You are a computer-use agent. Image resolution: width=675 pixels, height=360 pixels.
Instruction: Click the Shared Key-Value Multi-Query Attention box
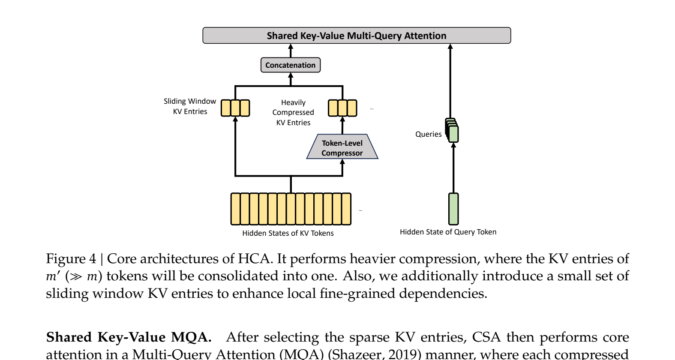357,36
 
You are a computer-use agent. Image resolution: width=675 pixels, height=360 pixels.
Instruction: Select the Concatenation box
291,65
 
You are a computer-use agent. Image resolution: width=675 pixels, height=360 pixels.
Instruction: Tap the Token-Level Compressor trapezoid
342,148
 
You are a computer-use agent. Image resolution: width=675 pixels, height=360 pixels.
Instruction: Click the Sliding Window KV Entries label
190,106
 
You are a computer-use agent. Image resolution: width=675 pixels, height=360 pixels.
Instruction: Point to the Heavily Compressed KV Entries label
293,112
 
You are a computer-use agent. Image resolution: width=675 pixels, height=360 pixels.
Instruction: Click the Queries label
428,134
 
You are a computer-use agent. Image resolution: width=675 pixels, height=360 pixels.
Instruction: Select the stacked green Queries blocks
452,131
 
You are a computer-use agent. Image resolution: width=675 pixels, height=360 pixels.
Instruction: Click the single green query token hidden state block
453,209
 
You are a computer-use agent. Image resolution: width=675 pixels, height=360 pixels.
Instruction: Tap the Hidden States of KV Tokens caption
288,233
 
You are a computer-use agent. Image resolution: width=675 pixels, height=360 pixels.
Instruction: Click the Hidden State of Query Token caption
448,232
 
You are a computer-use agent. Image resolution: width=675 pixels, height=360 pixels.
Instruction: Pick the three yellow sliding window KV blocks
235,108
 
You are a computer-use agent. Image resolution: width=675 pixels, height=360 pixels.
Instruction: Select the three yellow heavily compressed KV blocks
342,108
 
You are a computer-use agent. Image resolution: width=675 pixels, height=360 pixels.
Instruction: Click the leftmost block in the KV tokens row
235,209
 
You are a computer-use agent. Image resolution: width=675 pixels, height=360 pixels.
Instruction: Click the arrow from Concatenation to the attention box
291,51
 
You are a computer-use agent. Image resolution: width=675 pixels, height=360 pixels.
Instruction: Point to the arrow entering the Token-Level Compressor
342,168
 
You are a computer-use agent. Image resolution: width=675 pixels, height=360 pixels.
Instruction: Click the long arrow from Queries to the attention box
450,81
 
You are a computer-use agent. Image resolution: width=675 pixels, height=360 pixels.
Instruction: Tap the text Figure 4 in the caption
71,259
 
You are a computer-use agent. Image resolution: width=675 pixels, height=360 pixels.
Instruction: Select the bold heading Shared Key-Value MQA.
129,337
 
